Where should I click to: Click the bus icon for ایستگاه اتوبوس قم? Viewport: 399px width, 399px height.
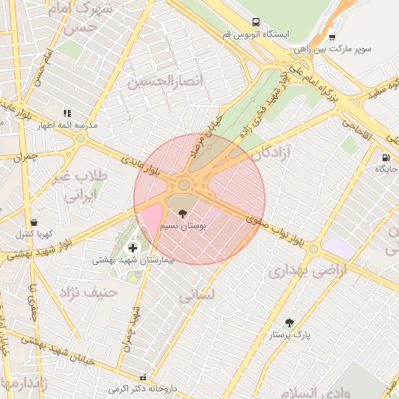click(256, 23)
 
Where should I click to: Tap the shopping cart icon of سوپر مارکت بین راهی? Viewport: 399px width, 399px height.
click(332, 36)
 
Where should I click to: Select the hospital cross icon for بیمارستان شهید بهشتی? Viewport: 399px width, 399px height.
click(132, 247)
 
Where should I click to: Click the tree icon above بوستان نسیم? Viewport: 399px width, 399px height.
click(182, 213)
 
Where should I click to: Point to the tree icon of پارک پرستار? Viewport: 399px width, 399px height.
click(290, 322)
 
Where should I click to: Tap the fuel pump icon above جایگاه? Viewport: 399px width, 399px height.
click(385, 157)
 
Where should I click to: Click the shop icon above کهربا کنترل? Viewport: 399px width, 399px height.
click(34, 222)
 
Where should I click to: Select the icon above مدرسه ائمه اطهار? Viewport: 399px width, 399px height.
click(67, 113)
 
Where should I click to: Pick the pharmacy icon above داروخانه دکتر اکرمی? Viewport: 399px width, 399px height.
click(142, 376)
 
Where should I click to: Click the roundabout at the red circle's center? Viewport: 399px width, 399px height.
click(185, 185)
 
